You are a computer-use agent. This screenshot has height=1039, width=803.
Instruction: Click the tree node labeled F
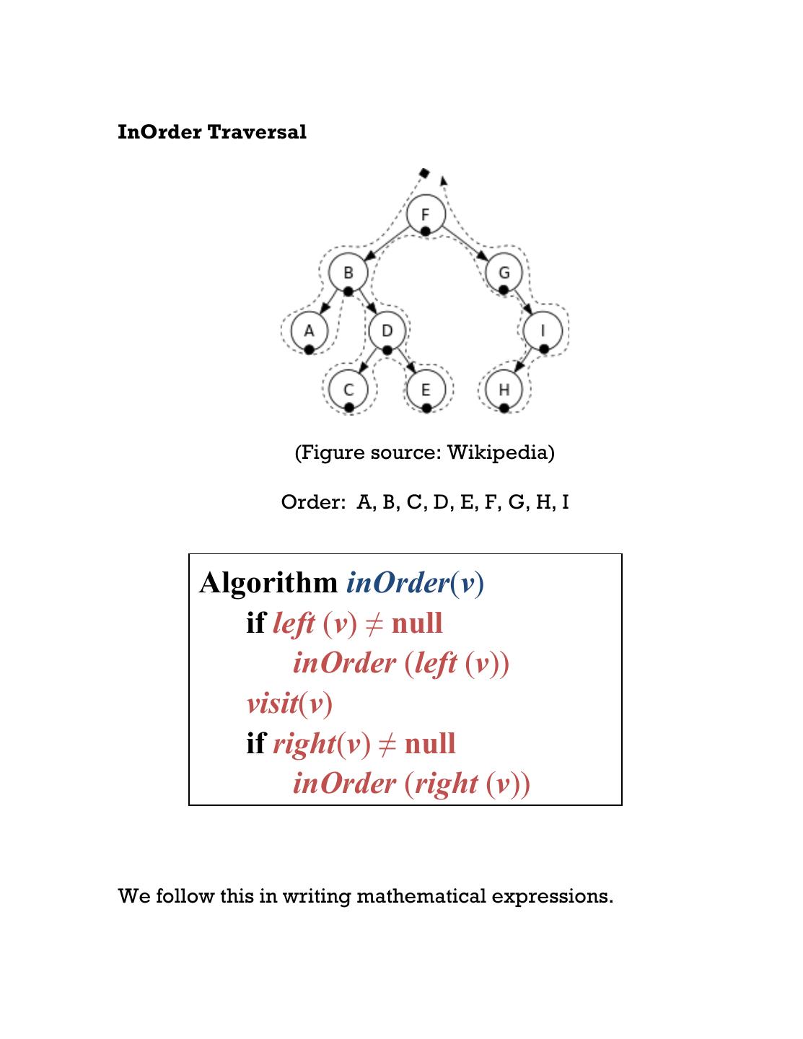pos(426,214)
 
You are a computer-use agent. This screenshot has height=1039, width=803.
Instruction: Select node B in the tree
pos(348,273)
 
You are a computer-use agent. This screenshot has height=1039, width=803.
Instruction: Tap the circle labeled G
pos(504,273)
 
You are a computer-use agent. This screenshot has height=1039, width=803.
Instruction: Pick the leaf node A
pos(309,331)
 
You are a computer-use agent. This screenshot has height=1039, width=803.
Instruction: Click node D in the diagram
pos(387,331)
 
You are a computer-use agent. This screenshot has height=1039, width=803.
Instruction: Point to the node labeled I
pos(543,331)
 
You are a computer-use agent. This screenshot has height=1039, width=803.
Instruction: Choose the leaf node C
pos(348,390)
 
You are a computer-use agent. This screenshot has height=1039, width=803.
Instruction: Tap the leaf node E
pos(426,390)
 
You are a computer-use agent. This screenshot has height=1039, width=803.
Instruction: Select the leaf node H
pos(504,390)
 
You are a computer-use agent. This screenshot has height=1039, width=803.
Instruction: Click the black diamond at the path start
pos(424,172)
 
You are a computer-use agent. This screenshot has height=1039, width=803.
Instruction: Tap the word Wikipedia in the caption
pos(501,452)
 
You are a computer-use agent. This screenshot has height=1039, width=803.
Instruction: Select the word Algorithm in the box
pos(268,582)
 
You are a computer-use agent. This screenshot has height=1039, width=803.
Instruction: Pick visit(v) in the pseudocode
pos(289,703)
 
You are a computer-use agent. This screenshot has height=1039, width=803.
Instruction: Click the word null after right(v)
pos(430,743)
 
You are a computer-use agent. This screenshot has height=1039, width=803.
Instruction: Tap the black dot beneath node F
pos(426,231)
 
